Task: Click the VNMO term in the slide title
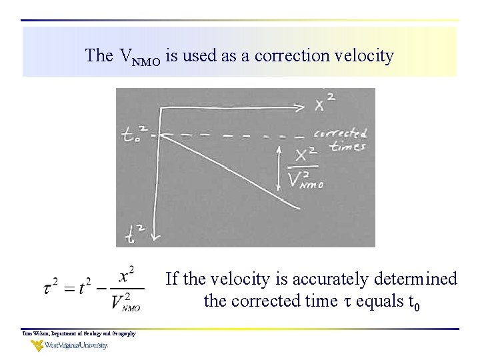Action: point(139,57)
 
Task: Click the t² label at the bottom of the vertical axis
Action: point(136,233)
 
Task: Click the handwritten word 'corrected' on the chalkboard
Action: point(341,134)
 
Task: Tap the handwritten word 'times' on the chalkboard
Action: point(348,147)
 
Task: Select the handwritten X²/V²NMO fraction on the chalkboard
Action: point(306,168)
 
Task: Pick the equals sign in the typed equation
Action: point(67,289)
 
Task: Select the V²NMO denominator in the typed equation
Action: point(126,303)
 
